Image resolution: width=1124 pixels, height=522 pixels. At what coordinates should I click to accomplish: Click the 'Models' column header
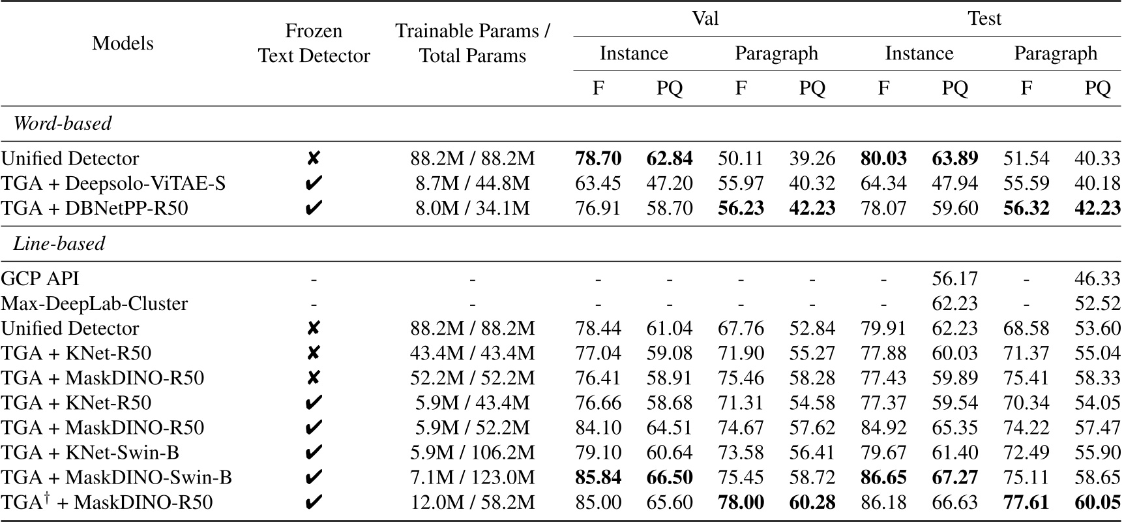point(123,43)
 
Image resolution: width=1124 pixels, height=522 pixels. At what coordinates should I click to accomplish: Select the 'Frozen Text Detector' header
point(314,43)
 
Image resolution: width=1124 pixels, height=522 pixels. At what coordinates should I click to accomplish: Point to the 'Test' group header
point(984,18)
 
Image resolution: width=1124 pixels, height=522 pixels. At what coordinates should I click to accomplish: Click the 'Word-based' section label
point(63,123)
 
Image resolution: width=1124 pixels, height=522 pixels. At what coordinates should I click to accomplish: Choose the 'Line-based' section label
point(59,243)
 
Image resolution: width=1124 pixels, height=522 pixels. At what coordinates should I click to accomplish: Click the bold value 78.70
point(598,159)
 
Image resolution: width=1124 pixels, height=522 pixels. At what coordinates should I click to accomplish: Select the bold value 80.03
point(883,159)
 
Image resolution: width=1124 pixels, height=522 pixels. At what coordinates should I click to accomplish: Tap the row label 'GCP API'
point(40,279)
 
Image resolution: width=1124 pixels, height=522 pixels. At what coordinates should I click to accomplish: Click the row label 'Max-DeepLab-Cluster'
point(94,303)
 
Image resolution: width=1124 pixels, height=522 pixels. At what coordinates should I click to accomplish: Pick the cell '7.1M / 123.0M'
point(472,477)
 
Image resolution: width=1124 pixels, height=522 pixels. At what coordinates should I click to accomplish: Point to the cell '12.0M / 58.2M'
point(472,502)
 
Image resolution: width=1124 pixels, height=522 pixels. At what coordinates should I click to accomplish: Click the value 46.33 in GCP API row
point(1097,279)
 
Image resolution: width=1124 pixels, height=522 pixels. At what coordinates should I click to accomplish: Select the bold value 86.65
point(883,477)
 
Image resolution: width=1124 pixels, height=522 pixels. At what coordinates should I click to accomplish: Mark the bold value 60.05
point(1097,502)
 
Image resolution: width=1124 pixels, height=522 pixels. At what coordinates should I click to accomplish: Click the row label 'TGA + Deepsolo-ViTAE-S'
point(113,183)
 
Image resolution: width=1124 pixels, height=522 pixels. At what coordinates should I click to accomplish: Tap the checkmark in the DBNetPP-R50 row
point(314,208)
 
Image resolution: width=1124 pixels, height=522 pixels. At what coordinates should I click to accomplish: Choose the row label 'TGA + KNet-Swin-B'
point(90,452)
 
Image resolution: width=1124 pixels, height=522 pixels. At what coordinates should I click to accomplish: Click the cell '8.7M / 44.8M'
point(472,183)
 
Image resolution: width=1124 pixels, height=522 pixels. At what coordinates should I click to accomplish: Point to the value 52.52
point(1097,303)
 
